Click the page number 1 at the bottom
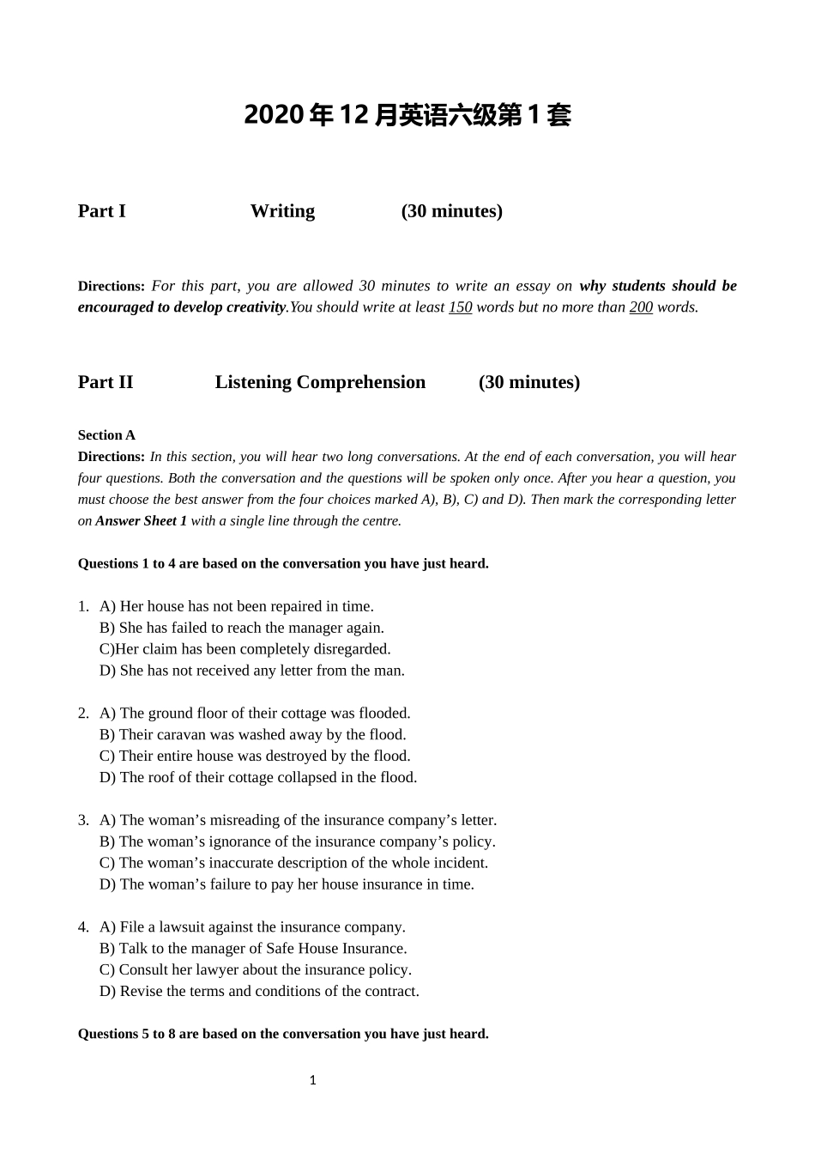click(x=312, y=1080)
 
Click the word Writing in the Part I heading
click(x=282, y=211)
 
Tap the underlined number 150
click(x=460, y=307)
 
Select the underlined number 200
click(x=641, y=307)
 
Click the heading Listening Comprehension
click(x=320, y=382)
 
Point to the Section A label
click(x=106, y=435)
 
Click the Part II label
click(x=106, y=382)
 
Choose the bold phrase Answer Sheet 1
click(x=141, y=520)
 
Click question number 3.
click(x=83, y=820)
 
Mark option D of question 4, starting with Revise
click(x=259, y=992)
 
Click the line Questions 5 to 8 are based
click(x=283, y=1034)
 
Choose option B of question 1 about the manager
click(x=242, y=628)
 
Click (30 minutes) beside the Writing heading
click(x=451, y=211)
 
